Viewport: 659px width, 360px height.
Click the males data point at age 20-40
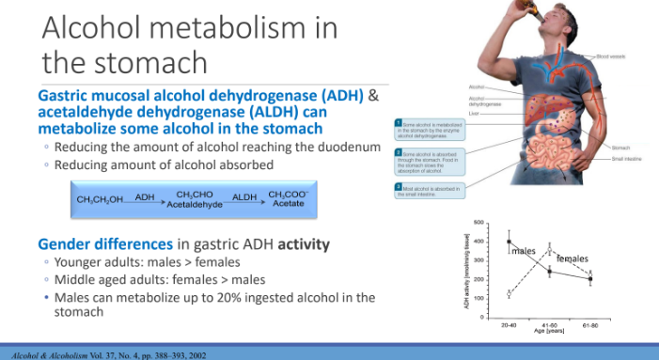(510, 242)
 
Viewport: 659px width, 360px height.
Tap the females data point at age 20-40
(510, 294)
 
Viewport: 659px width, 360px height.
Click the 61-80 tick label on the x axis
(590, 325)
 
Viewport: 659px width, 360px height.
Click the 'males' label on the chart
(524, 251)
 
